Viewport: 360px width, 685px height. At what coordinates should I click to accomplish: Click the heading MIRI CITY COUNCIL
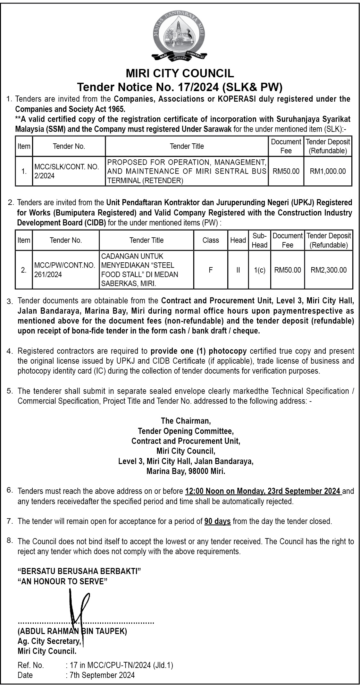click(180, 73)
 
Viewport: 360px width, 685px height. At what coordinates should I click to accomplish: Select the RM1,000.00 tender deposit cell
click(328, 171)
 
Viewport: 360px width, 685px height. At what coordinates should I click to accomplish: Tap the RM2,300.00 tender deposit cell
click(329, 270)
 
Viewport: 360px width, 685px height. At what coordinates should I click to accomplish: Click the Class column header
click(211, 240)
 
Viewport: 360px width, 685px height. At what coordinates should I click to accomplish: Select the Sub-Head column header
click(259, 240)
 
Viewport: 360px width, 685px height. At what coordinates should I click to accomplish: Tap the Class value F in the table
click(211, 270)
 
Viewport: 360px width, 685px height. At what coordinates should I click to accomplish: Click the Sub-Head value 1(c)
click(259, 270)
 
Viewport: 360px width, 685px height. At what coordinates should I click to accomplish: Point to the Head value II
click(238, 270)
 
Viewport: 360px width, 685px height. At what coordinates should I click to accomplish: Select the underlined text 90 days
click(217, 521)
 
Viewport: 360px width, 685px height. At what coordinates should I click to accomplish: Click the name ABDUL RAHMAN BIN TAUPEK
click(72, 631)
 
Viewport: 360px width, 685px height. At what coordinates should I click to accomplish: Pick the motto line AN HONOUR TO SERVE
click(63, 581)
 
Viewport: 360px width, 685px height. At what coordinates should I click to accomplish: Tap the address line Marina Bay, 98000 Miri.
click(186, 471)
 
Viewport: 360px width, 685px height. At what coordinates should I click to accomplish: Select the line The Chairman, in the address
click(186, 420)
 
